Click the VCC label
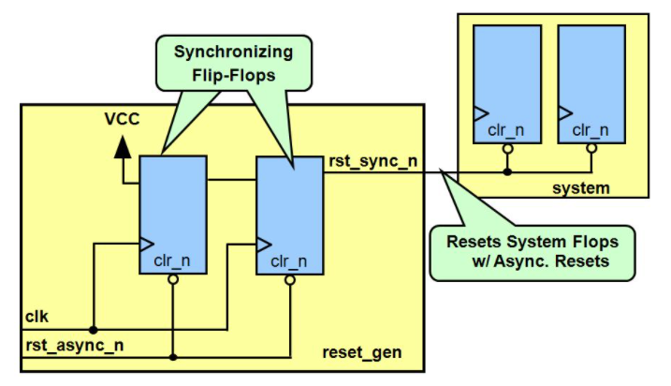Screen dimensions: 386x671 [x=122, y=120]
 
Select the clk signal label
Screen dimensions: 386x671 [x=36, y=315]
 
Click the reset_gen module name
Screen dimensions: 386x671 [x=362, y=352]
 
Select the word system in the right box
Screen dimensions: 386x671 [x=581, y=187]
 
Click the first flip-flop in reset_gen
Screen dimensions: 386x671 [x=173, y=215]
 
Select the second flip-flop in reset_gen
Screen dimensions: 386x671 [x=290, y=216]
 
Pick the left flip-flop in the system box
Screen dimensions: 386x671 [x=506, y=83]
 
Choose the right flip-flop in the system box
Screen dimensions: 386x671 [x=591, y=83]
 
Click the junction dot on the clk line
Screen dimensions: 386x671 [x=94, y=330]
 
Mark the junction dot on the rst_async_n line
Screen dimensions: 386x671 [x=173, y=357]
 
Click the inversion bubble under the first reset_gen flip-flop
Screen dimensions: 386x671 [x=173, y=278]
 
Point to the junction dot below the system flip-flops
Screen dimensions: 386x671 [x=506, y=171]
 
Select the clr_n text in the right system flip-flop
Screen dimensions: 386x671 [x=591, y=129]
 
